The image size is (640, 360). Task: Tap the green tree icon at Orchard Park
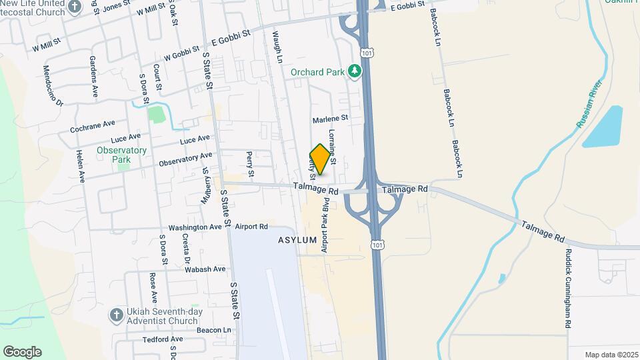356,71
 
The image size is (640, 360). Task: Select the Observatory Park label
121,155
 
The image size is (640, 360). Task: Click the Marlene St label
331,119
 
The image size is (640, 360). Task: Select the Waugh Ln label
276,45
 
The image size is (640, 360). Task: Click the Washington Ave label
195,227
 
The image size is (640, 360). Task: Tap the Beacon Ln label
213,330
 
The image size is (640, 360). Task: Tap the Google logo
22,352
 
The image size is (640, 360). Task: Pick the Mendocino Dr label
53,85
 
